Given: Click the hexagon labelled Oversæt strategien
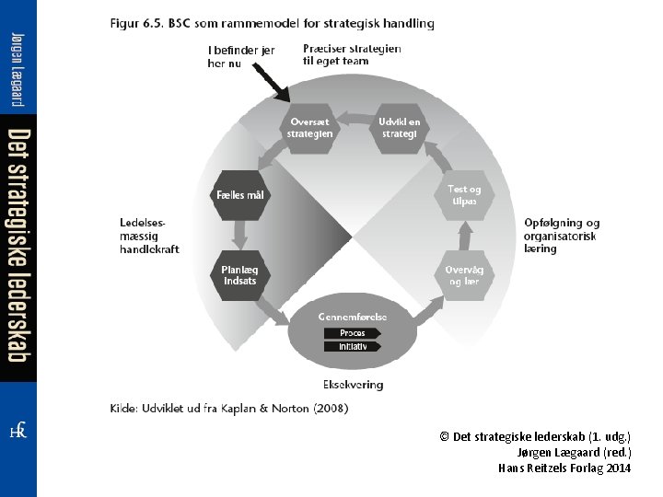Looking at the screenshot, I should tap(309, 128).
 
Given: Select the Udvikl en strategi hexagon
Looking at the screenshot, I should tap(399, 128).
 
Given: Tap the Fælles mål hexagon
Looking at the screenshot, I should tap(239, 195).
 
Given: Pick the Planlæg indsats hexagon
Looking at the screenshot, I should tap(239, 275).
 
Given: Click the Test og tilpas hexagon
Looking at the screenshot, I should tap(465, 195).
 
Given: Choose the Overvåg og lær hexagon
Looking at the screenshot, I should tap(464, 275).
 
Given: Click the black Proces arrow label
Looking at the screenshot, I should tap(352, 333).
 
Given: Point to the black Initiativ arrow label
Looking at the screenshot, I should tap(352, 347).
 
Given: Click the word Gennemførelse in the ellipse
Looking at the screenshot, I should tap(353, 317).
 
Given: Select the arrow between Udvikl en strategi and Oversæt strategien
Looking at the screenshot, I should tap(354, 119).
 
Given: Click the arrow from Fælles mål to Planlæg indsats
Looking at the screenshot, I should tap(239, 236).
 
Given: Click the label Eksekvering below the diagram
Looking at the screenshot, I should tap(353, 385).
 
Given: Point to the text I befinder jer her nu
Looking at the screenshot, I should tap(240, 56).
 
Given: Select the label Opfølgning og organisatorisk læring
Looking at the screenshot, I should tap(562, 236).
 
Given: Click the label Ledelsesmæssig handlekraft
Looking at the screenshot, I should tap(149, 236).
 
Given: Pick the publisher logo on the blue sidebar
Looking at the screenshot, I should tap(17, 431).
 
